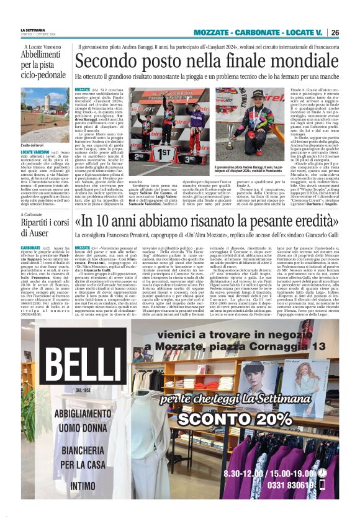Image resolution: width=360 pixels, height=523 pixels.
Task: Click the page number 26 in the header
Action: pyautogui.click(x=335, y=32)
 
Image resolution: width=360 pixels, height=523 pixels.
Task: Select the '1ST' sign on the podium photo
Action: pyautogui.click(x=154, y=152)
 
